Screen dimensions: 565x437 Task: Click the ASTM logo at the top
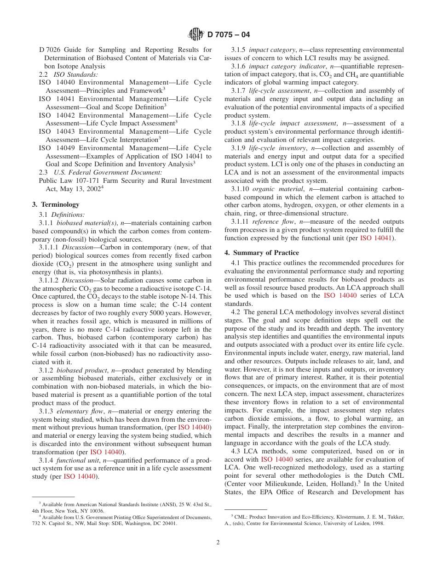[x=196, y=34]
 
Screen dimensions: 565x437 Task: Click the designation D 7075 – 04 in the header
[x=229, y=34]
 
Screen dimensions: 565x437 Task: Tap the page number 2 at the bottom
[x=218, y=542]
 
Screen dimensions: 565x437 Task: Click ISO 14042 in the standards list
[x=57, y=115]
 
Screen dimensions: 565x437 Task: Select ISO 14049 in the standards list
[x=57, y=148]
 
